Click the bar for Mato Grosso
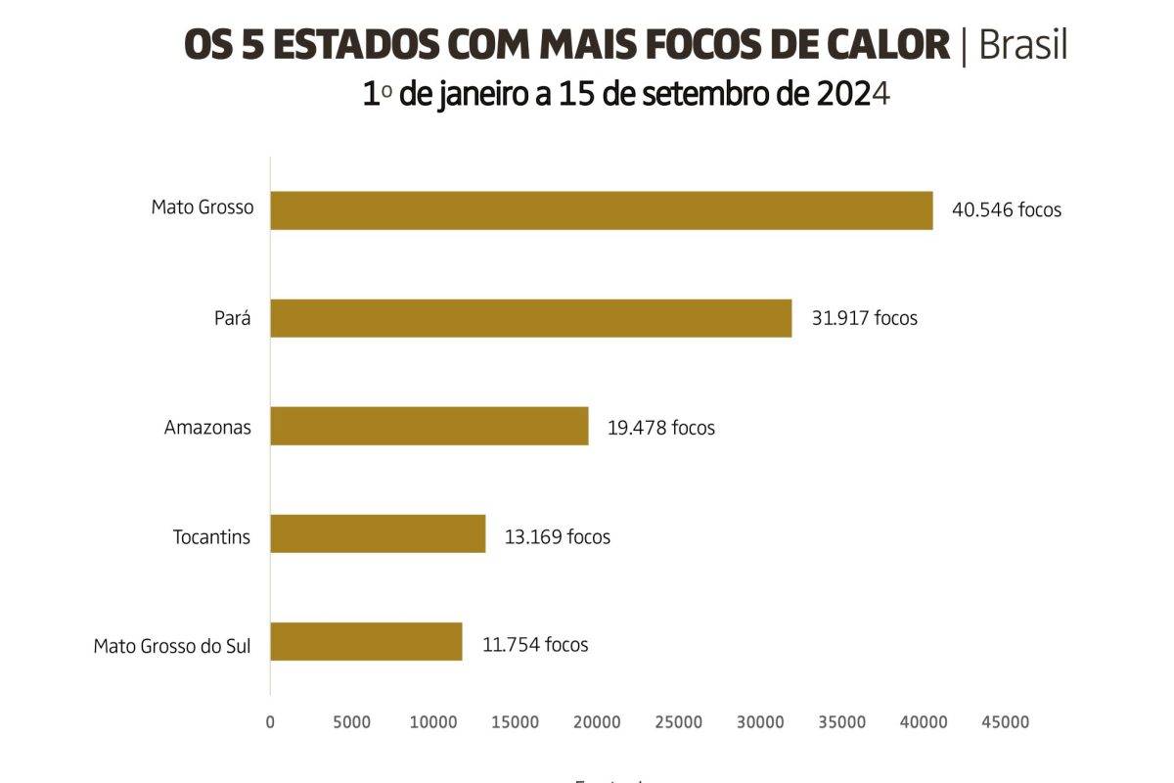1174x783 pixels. (601, 210)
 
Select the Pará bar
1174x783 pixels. (530, 318)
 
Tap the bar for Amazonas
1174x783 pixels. (429, 426)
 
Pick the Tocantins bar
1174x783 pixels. (378, 533)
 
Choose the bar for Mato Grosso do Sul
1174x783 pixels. (366, 641)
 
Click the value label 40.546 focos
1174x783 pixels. (1006, 210)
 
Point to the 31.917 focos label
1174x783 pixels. (864, 318)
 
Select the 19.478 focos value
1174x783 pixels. (661, 428)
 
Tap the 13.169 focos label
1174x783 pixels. (558, 536)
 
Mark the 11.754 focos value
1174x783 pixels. (535, 645)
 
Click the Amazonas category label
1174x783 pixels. (207, 428)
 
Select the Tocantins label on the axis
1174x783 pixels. (211, 537)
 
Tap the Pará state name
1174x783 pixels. (232, 319)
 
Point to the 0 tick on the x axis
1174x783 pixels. (270, 722)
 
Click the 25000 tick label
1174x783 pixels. (678, 722)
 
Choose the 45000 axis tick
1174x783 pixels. (1005, 722)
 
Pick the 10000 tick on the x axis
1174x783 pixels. (433, 722)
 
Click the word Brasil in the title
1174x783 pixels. (1022, 46)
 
